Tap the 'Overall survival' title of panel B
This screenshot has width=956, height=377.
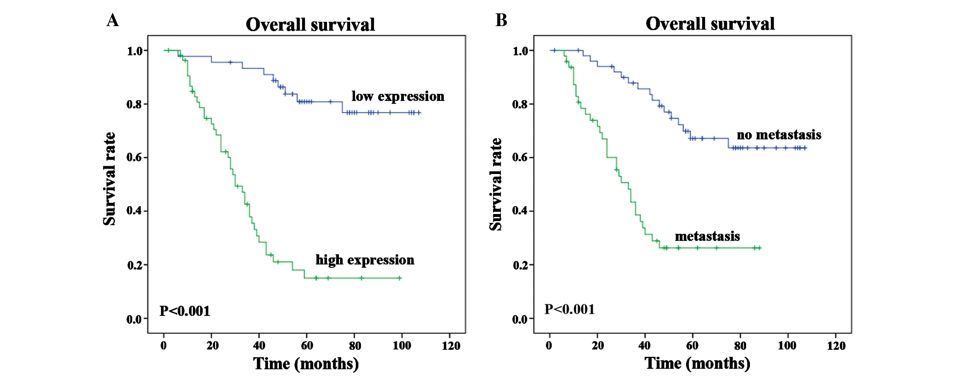coord(710,24)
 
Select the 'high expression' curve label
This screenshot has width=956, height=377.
coord(365,260)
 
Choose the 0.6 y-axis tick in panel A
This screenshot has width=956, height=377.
coord(134,157)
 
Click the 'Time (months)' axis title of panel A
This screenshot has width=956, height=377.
coord(306,364)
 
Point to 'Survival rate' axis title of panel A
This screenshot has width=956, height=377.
coord(109,179)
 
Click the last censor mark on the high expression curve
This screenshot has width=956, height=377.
coord(400,278)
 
